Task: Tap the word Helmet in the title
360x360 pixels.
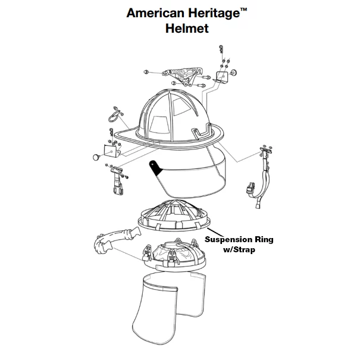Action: pos(187,29)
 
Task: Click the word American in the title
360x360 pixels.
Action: pos(156,13)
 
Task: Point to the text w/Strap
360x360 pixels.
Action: pos(239,249)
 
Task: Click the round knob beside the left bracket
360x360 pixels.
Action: pos(96,157)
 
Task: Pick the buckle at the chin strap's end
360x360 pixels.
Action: pos(251,189)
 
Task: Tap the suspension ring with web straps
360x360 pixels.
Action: pos(174,215)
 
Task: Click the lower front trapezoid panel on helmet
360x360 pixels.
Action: pos(159,125)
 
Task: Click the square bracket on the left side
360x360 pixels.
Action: pos(112,151)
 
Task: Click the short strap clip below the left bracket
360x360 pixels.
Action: pos(118,181)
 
